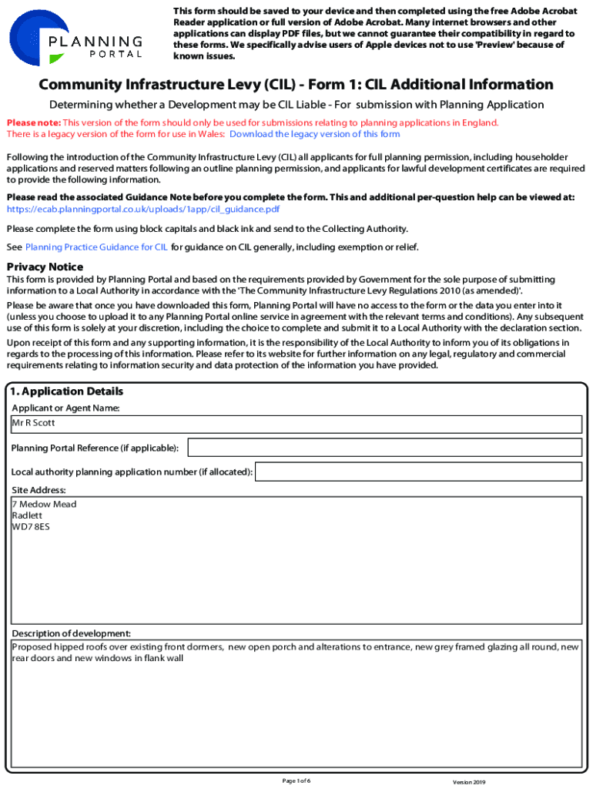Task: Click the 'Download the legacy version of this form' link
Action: click(314, 134)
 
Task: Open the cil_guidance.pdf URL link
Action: click(142, 209)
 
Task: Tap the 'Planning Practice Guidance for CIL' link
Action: click(96, 247)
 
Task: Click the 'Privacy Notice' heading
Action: click(45, 267)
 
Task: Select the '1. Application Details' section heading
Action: click(67, 392)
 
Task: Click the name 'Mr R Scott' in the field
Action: click(33, 423)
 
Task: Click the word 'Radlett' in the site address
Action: click(28, 516)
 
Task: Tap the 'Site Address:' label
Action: click(39, 490)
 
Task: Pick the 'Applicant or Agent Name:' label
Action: click(65, 408)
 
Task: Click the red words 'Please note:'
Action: click(33, 123)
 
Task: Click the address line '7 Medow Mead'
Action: click(44, 505)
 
